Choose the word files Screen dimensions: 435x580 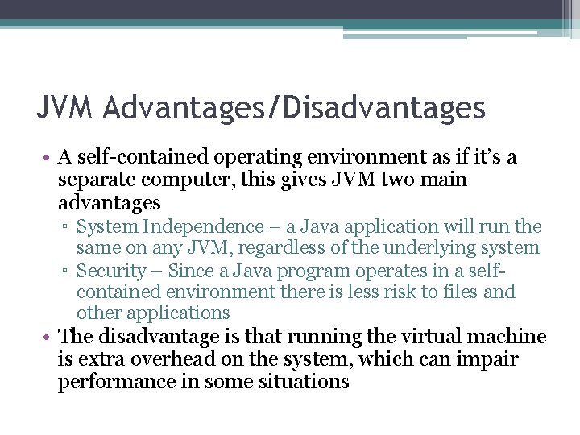463,292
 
